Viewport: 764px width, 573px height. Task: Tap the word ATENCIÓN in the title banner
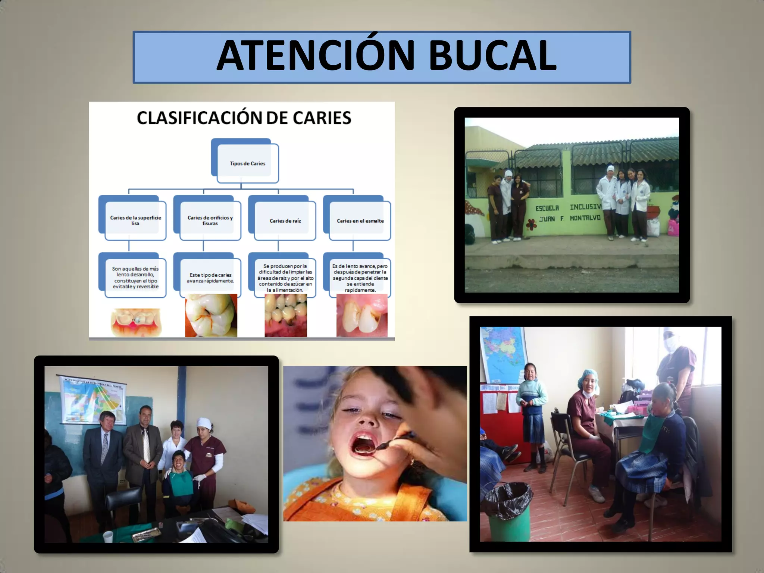point(316,56)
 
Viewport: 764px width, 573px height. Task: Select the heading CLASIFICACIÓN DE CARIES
point(244,118)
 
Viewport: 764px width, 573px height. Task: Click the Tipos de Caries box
point(247,163)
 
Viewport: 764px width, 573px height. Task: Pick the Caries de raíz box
point(285,221)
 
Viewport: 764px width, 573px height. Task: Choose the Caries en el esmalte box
point(360,221)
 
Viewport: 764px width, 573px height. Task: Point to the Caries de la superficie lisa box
point(135,220)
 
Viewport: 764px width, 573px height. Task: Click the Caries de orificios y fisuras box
point(210,220)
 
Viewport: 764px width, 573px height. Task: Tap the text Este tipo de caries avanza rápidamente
point(210,278)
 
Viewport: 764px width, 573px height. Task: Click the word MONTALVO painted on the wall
point(585,218)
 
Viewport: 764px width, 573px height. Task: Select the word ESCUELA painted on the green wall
point(547,208)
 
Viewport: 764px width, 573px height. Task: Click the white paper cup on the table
point(107,536)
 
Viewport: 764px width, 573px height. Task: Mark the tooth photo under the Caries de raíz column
point(286,316)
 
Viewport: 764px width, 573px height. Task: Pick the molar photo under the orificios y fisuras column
point(211,316)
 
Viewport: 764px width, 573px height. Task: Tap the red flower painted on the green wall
point(530,224)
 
